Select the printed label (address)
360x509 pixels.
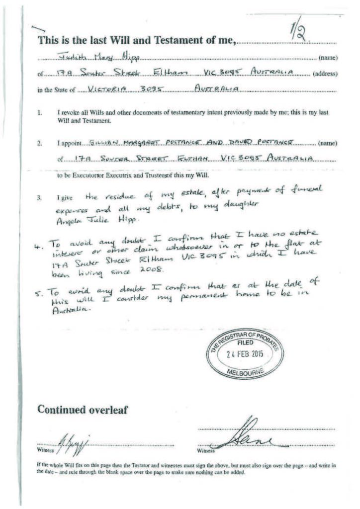click(325, 75)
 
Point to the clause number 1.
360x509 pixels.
click(40, 113)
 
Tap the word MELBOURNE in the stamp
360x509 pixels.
click(246, 372)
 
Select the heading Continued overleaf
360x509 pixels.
click(83, 410)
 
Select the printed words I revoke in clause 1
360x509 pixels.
click(69, 113)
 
